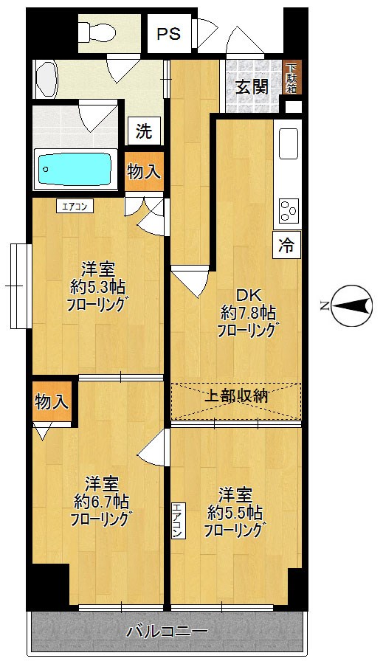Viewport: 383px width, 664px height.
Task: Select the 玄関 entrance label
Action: point(252,86)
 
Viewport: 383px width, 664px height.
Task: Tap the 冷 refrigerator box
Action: point(286,246)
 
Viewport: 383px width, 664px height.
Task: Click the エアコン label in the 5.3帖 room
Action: point(74,207)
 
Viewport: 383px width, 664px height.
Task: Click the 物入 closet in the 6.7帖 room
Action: point(52,402)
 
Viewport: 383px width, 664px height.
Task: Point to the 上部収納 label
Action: point(236,396)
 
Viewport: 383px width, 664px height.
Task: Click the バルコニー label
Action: point(167,632)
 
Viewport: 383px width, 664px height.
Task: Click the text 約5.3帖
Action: point(97,286)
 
